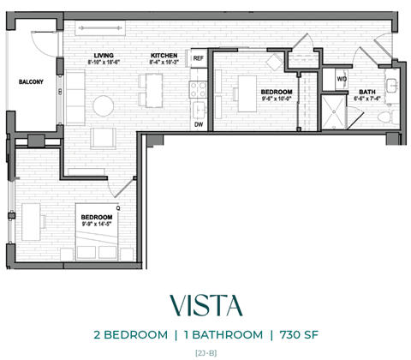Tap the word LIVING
[x=104, y=56]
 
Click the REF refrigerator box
[x=198, y=58]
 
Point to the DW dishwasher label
[x=198, y=124]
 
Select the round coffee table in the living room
[x=104, y=105]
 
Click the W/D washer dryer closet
[x=342, y=80]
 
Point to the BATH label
[x=366, y=92]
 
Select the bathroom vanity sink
[x=390, y=85]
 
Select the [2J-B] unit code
[x=205, y=351]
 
